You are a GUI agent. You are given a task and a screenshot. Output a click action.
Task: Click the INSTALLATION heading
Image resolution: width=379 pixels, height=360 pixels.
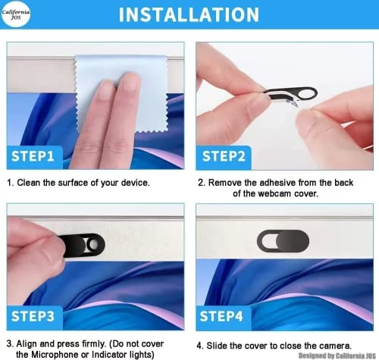[189, 14]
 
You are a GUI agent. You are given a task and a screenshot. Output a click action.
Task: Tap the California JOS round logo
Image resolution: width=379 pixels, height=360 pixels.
[16, 14]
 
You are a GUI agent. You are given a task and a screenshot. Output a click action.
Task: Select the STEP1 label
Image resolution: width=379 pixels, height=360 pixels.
[33, 156]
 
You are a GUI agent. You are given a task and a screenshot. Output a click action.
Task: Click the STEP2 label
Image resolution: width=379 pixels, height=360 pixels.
[224, 156]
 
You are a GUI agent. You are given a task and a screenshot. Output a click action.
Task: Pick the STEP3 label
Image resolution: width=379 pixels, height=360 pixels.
[33, 316]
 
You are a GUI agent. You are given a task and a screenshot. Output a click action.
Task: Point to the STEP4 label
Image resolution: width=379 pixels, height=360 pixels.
[221, 316]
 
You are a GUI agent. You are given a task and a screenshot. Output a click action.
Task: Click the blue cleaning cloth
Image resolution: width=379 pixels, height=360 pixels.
[121, 93]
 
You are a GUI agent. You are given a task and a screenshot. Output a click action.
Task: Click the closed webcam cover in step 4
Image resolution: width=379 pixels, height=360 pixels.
[283, 241]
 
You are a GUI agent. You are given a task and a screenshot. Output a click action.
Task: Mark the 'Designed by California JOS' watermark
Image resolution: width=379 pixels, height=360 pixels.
[337, 355]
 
